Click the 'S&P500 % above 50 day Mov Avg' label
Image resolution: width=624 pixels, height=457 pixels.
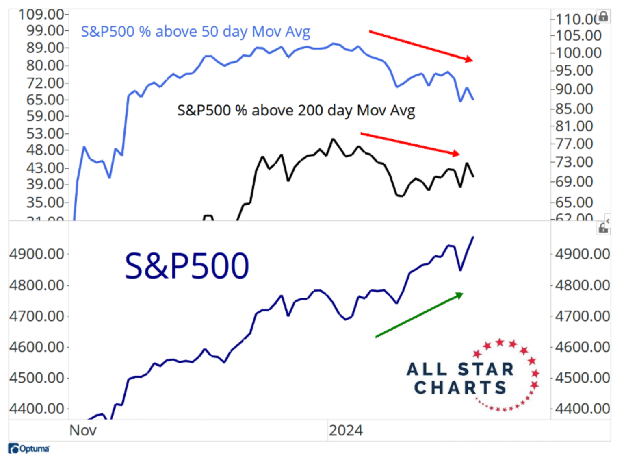tap(195, 32)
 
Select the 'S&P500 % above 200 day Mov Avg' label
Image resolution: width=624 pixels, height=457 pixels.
tap(296, 111)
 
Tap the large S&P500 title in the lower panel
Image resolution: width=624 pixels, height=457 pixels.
tap(186, 266)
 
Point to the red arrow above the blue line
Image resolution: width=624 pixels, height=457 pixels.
tap(421, 46)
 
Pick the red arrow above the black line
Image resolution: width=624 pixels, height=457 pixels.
tap(410, 144)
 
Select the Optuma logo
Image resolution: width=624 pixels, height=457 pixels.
tap(29, 448)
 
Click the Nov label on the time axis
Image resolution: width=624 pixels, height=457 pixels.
tap(83, 430)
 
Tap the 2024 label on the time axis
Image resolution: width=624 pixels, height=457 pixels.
tap(346, 430)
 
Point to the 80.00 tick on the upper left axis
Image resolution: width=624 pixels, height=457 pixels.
tap(45, 65)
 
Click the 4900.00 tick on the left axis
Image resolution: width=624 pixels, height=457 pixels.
tap(37, 254)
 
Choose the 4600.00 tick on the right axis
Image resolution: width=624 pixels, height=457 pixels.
tap(582, 347)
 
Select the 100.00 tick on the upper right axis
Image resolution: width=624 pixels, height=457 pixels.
tap(578, 53)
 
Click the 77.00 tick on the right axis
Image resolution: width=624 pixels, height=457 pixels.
tap(574, 144)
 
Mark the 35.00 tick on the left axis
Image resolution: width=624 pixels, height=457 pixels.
tap(45, 202)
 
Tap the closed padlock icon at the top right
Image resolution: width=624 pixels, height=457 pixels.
tap(604, 16)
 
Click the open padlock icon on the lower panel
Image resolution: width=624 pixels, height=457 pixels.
tap(603, 228)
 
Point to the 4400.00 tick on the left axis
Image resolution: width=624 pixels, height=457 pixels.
tap(37, 409)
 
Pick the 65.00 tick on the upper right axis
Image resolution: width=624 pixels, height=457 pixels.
tap(574, 202)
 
